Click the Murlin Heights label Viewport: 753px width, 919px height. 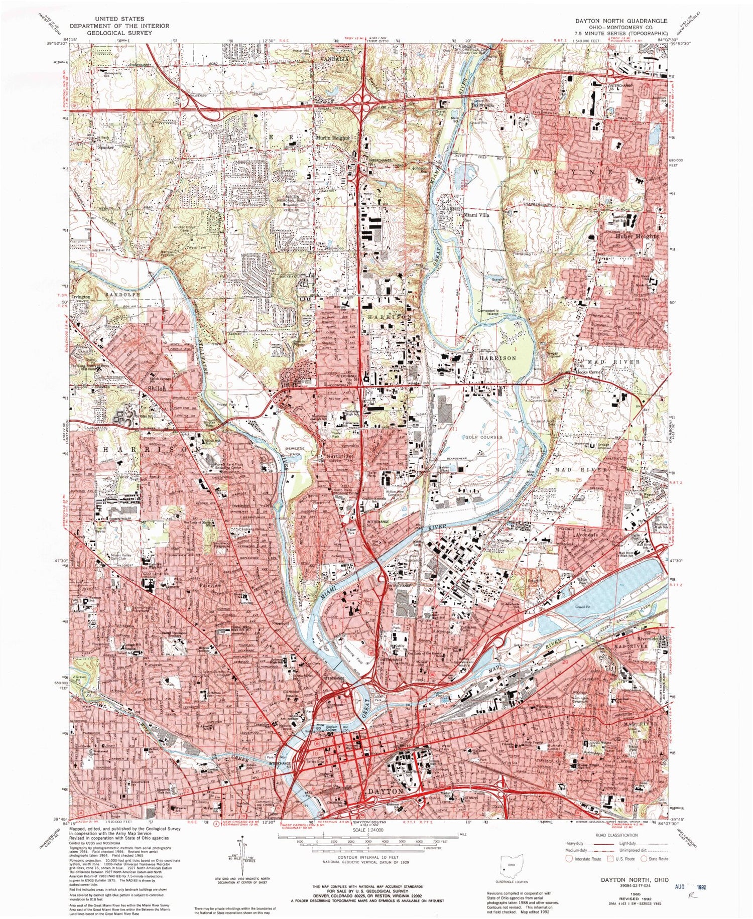pos(332,137)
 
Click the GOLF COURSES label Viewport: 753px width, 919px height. pos(484,437)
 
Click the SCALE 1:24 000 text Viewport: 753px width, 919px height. pos(367,831)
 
